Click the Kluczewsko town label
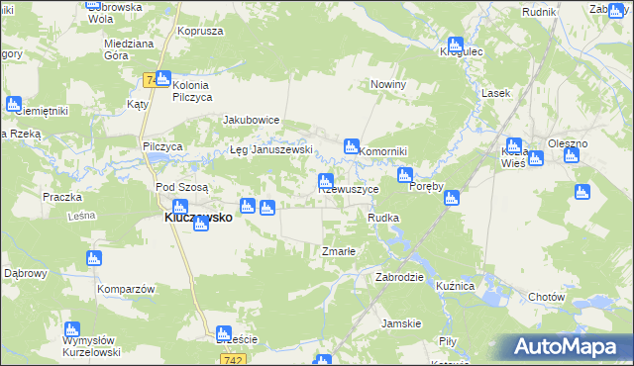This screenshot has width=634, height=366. [x=198, y=218]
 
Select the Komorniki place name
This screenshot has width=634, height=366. [x=384, y=150]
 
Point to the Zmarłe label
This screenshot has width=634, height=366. [x=339, y=251]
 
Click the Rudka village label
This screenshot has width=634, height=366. [x=383, y=218]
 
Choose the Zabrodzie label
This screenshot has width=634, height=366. [x=400, y=277]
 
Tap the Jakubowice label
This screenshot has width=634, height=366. [x=252, y=120]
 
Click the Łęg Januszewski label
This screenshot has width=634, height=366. [x=271, y=150]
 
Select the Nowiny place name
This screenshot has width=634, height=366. [x=389, y=85]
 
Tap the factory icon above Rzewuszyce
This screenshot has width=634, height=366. [x=325, y=181]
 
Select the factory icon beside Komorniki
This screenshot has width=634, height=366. [x=351, y=146]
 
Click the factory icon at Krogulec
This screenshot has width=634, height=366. [x=455, y=45]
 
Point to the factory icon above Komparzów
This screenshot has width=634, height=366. [x=94, y=258]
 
